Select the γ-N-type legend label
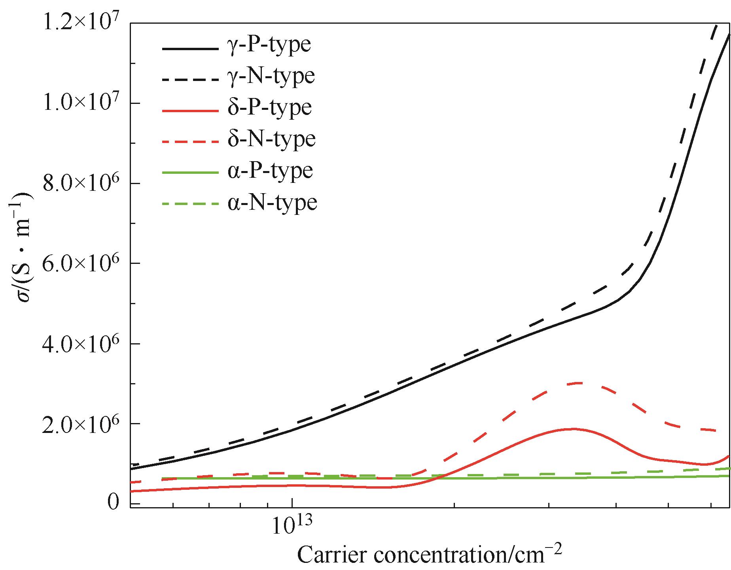click(x=271, y=76)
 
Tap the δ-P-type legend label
click(x=269, y=107)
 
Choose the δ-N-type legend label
click(x=271, y=139)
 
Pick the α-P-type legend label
click(x=270, y=171)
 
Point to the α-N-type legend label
click(x=272, y=203)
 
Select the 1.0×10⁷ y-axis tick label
click(x=81, y=103)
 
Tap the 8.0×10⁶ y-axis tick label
click(x=81, y=184)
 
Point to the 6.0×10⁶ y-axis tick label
click(x=81, y=263)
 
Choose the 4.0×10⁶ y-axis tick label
click(x=81, y=344)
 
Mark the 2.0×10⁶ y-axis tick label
click(x=81, y=423)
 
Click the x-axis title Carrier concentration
click(x=429, y=555)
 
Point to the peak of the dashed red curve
click(x=578, y=383)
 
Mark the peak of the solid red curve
click(x=570, y=429)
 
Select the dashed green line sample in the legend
click(x=190, y=204)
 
